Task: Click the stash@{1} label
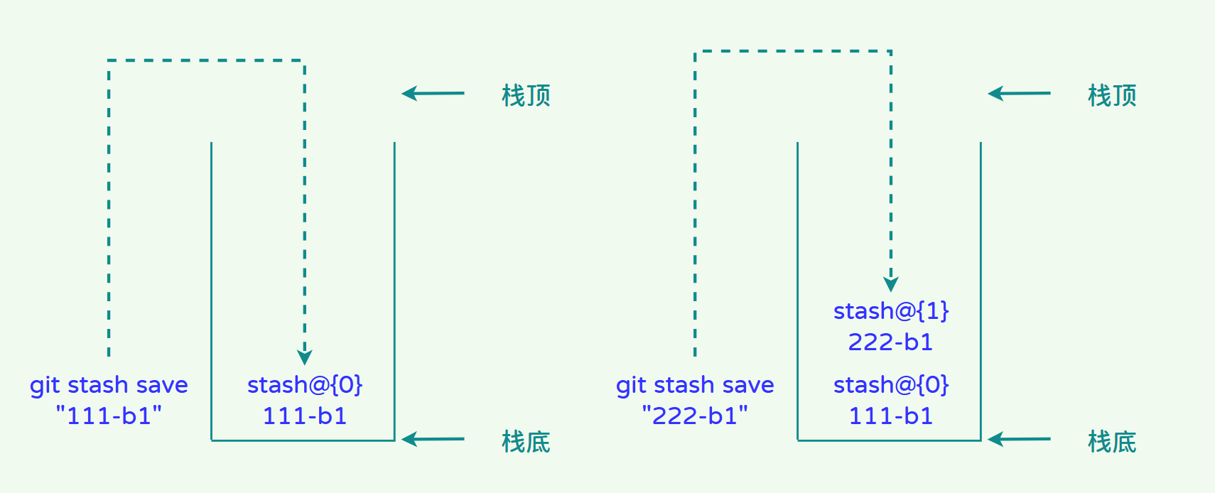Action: [891, 311]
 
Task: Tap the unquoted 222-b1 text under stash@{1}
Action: [890, 342]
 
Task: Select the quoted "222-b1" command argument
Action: [695, 416]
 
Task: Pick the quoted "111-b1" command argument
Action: [109, 416]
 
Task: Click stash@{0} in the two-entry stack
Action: [891, 385]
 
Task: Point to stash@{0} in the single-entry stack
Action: [305, 385]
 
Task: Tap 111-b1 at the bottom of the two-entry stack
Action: [891, 416]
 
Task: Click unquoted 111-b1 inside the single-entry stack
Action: [305, 416]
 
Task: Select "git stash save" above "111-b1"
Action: [109, 385]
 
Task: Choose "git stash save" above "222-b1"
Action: [695, 385]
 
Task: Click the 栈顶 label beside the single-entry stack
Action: [526, 95]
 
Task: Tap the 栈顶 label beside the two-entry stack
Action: [1112, 95]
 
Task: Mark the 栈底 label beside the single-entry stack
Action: [526, 442]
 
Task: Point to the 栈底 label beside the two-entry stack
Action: [1112, 442]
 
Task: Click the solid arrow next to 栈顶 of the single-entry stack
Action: [433, 93]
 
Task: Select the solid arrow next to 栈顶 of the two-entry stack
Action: [1019, 93]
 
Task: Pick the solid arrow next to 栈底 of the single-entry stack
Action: [433, 439]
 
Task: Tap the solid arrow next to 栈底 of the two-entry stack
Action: [1019, 439]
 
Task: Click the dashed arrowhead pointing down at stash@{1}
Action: [891, 283]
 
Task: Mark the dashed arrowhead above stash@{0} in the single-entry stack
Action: [305, 357]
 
